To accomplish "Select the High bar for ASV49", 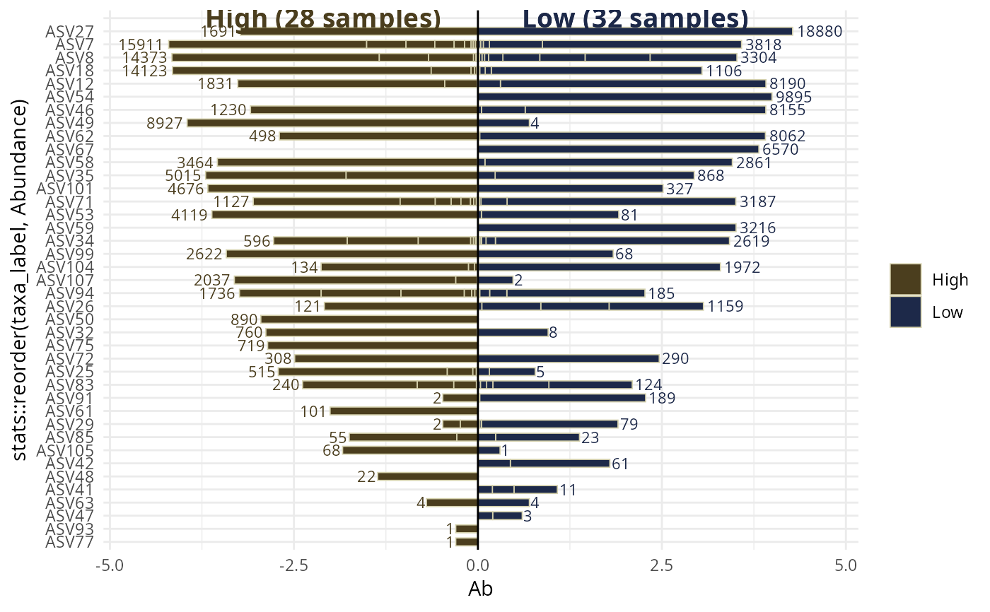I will coord(332,123).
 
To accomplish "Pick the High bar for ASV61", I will coord(404,411).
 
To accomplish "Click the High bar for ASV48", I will coord(428,476).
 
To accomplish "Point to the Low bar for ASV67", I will coord(618,149).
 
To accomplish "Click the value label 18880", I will coord(820,32).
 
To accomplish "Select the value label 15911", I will coord(142,45).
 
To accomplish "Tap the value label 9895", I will coord(794,97).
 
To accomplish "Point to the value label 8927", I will coord(165,123).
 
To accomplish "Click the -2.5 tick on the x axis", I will coord(293,565).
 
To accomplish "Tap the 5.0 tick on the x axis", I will coord(846,565).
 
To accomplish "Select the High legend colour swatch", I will coord(905,280).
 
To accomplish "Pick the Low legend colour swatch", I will coord(905,312).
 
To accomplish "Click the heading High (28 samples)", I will coord(323,18).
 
